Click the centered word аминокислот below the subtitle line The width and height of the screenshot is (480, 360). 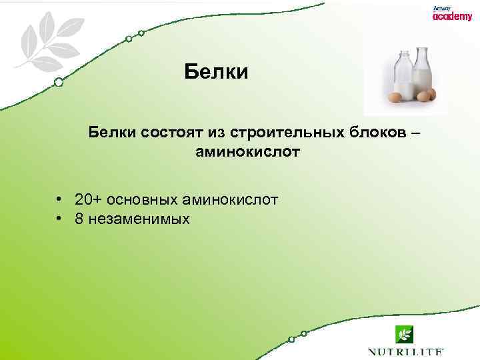click(x=248, y=152)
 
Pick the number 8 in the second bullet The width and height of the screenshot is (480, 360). click(x=79, y=219)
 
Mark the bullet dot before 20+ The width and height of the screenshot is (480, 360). click(x=60, y=199)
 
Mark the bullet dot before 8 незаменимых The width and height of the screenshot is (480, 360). click(x=60, y=219)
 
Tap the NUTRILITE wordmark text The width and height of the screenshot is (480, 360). click(x=405, y=351)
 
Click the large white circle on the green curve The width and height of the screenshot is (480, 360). click(x=59, y=83)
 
